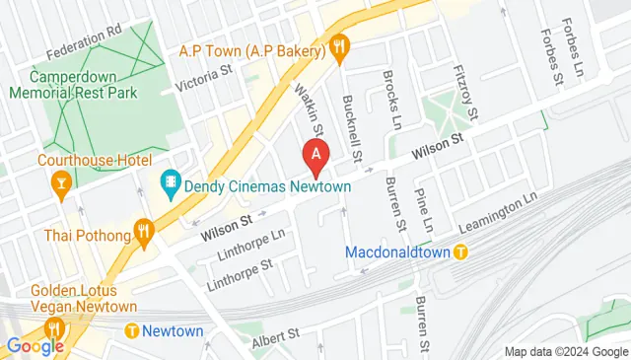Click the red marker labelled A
pos(315,154)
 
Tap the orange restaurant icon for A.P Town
pos(339,44)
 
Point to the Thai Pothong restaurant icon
pos(144,234)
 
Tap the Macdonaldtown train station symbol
pos(460,252)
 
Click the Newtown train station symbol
pos(131,331)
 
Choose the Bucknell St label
pos(350,128)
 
